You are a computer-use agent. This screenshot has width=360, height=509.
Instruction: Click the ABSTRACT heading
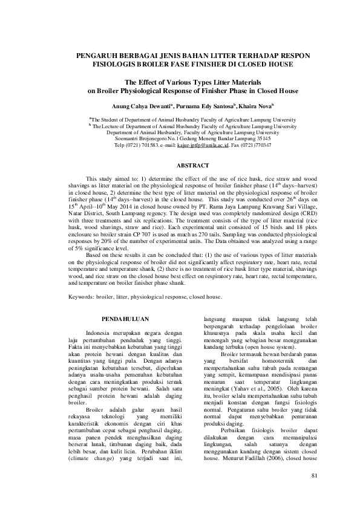(192, 166)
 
